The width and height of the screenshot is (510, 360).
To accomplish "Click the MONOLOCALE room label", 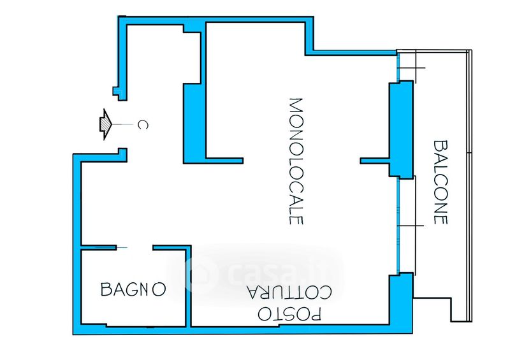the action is (x=296, y=161).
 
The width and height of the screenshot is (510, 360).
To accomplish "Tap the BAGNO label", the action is (x=133, y=289).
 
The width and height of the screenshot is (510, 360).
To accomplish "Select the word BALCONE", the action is (x=441, y=182).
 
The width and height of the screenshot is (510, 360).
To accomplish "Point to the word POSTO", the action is (x=289, y=314).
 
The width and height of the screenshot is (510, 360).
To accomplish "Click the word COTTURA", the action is (x=289, y=292).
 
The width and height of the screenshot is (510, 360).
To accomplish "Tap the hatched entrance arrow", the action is (x=106, y=124).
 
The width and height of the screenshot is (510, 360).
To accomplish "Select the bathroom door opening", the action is (x=135, y=248).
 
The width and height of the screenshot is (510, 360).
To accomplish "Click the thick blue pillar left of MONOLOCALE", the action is (x=194, y=123).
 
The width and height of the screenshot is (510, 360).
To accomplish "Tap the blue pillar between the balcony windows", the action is (x=401, y=129).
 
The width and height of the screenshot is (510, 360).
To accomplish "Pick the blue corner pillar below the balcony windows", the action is (x=401, y=303).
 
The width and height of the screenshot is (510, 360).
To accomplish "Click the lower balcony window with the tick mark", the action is (x=407, y=226).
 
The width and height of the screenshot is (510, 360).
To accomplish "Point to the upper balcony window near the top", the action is (x=407, y=68).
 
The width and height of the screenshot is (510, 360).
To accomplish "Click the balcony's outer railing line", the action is (x=469, y=185).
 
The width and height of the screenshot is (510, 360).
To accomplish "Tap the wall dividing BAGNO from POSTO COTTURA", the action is (x=188, y=286).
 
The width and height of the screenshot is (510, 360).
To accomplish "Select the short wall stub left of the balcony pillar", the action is (x=375, y=161).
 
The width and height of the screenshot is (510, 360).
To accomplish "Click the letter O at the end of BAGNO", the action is (x=159, y=289).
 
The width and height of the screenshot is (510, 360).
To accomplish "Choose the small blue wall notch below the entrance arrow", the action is (x=122, y=155).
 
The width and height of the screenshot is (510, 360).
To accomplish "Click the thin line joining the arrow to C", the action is (x=122, y=124).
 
